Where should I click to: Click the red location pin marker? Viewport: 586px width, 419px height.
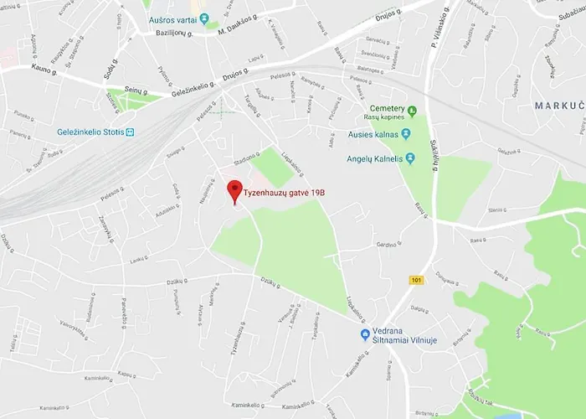tap(235, 190)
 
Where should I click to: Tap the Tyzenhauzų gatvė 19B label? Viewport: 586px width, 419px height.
tap(285, 194)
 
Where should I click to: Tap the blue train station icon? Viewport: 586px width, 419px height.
tap(130, 132)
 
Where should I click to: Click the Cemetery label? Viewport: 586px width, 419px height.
tap(387, 110)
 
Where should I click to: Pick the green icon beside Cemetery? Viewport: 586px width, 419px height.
tap(411, 110)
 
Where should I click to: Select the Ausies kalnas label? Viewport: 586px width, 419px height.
tap(373, 133)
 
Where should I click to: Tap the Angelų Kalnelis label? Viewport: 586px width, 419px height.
tap(376, 158)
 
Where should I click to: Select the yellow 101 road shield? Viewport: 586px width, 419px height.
tap(417, 280)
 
